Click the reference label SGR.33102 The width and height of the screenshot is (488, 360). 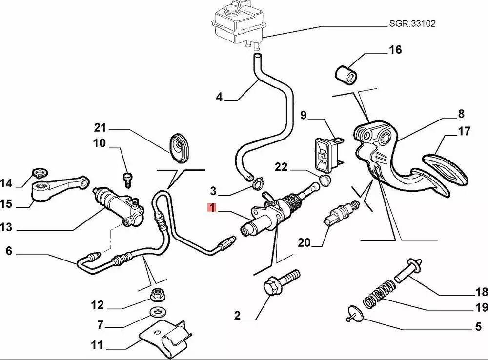click(x=412, y=23)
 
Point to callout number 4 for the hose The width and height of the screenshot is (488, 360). click(x=219, y=98)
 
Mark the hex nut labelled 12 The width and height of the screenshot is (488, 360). click(x=158, y=294)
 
